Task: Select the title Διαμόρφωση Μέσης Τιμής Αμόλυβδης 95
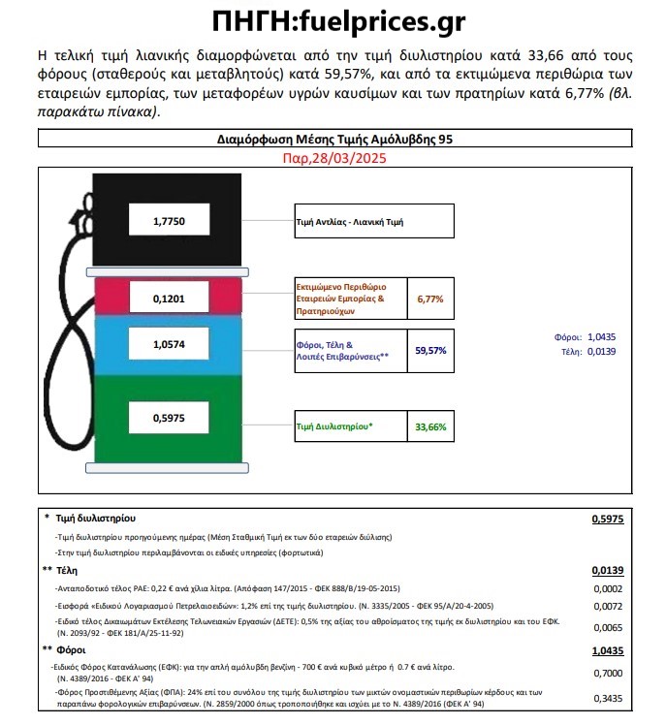click(332, 139)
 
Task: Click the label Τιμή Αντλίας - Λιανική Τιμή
click(373, 222)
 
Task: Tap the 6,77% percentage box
click(429, 299)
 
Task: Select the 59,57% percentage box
click(429, 350)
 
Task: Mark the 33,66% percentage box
click(429, 426)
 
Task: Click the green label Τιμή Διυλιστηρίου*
click(334, 426)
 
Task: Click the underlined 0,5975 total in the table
click(607, 520)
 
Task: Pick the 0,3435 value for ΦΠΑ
click(607, 698)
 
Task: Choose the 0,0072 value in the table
click(607, 605)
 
